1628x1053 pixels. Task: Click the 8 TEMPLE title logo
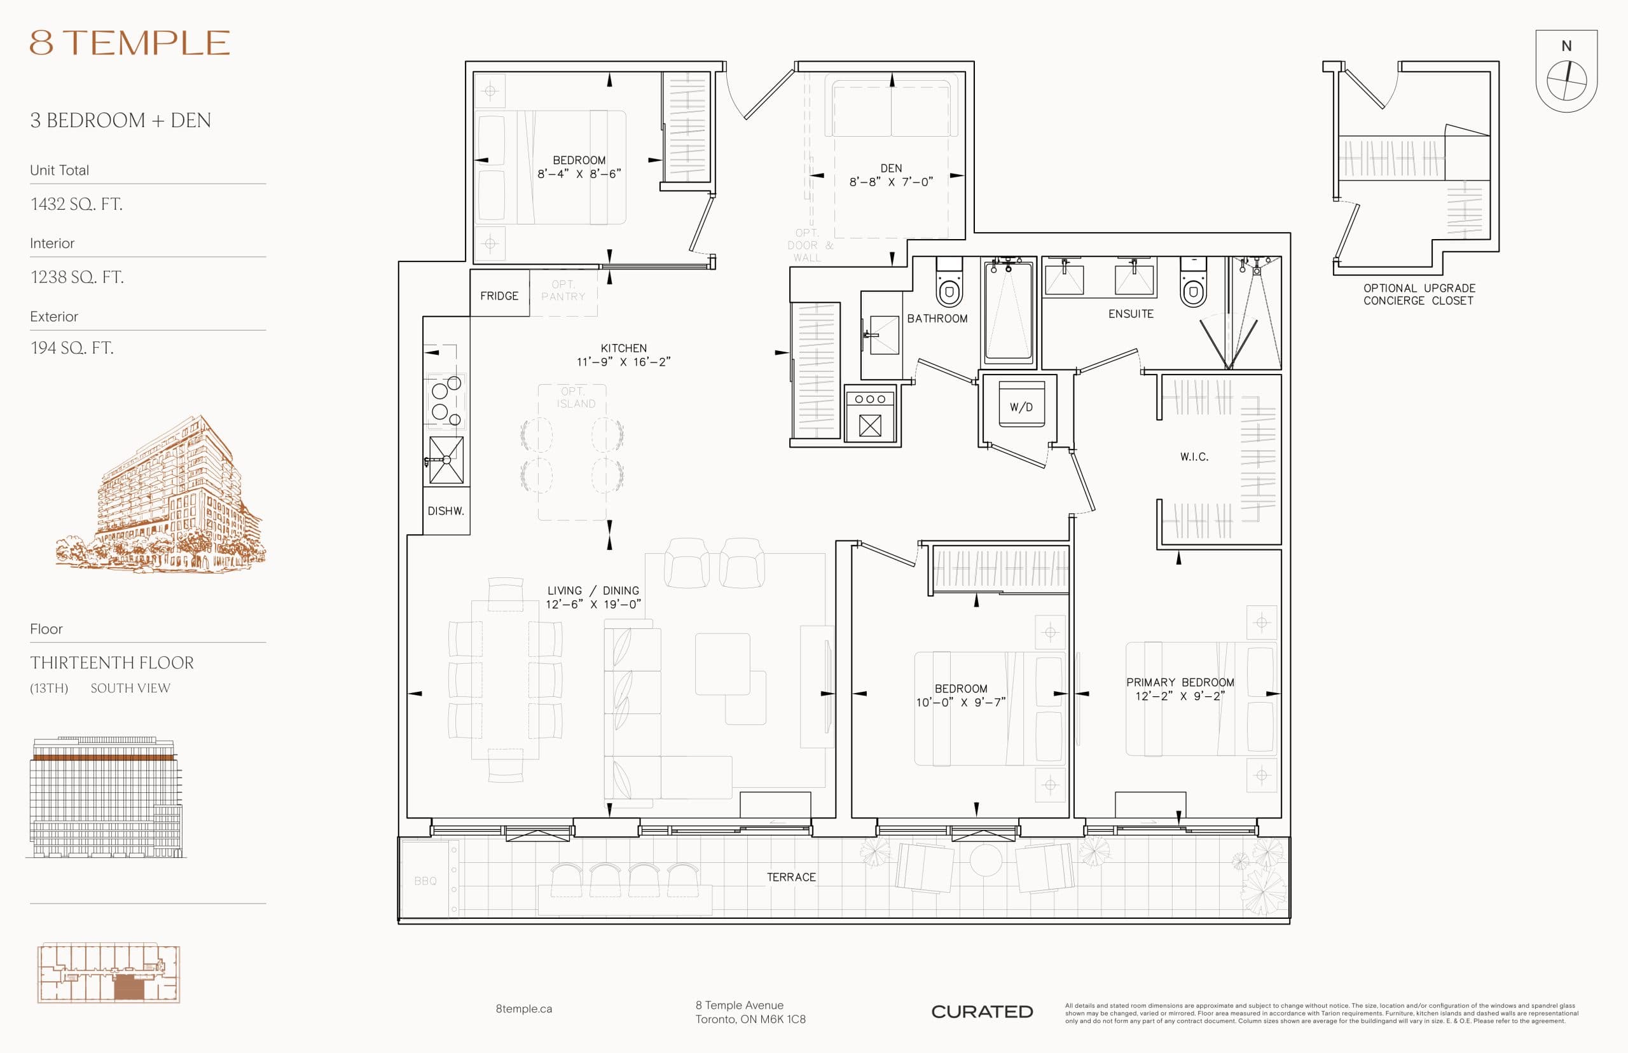pos(129,43)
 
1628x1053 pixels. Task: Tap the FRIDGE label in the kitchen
pos(499,296)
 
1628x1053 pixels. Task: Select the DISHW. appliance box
pos(446,511)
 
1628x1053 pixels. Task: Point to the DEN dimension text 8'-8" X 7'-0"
pos(891,182)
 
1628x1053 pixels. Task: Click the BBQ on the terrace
pos(425,881)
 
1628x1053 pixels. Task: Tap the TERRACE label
pos(791,878)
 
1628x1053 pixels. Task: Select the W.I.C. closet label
pos(1194,457)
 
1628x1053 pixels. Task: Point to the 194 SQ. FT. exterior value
pos(72,348)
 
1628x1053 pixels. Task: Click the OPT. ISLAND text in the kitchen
pos(575,397)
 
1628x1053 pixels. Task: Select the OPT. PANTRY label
pos(563,291)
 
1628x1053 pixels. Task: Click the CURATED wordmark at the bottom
pos(982,1012)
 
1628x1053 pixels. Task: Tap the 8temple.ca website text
pos(524,1008)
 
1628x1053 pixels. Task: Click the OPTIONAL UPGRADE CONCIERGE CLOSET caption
pos(1419,294)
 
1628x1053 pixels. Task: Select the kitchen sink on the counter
pos(446,460)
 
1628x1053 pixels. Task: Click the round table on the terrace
pos(985,860)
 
